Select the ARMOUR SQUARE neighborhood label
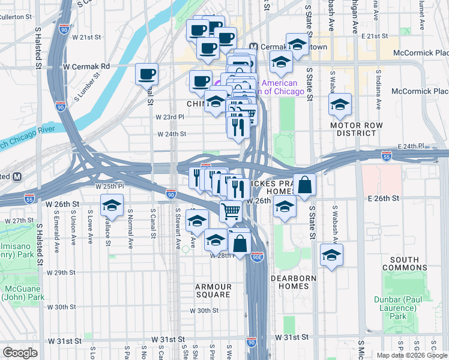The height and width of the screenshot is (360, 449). pyautogui.click(x=213, y=291)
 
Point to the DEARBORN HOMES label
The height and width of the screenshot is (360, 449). pyautogui.click(x=289, y=282)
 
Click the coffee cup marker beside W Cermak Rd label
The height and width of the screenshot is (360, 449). pyautogui.click(x=147, y=75)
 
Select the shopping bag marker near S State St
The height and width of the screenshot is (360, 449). pyautogui.click(x=304, y=185)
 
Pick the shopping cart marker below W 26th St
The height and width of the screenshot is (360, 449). pyautogui.click(x=231, y=212)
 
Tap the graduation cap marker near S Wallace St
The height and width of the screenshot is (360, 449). pyautogui.click(x=112, y=206)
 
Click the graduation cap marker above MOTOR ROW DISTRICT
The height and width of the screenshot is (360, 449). pyautogui.click(x=340, y=104)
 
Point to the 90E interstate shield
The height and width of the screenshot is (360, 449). pyautogui.click(x=258, y=257)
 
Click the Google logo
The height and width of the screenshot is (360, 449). pyautogui.click(x=20, y=353)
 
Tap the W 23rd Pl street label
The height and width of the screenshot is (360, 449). pyautogui.click(x=168, y=117)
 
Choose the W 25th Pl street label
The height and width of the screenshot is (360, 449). pyautogui.click(x=109, y=186)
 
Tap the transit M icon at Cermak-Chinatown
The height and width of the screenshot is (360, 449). pyautogui.click(x=253, y=47)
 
